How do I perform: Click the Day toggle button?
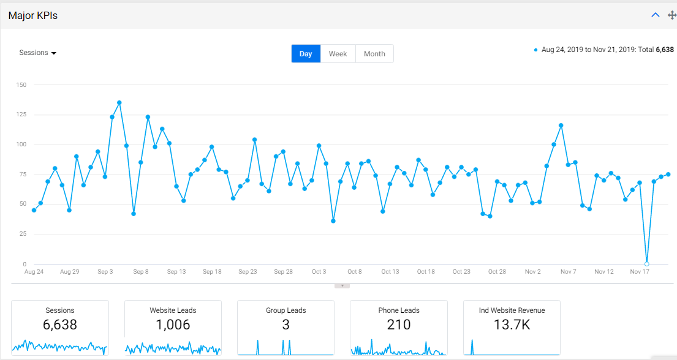(306, 54)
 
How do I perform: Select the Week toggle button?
(338, 54)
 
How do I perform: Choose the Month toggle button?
(374, 54)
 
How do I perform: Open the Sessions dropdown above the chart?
(37, 53)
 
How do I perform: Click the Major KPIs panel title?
(33, 15)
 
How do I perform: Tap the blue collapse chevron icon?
(656, 15)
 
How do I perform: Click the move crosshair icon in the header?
(672, 15)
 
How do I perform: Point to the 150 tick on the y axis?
(21, 84)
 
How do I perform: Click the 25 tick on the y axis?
(23, 233)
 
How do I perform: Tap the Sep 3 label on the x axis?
(105, 271)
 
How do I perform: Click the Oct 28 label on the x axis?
(497, 271)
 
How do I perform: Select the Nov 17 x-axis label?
(640, 271)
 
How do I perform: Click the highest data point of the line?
(119, 103)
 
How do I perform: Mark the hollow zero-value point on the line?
(646, 264)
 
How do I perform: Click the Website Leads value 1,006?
(173, 324)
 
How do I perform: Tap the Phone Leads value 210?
(398, 324)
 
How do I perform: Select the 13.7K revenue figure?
(512, 324)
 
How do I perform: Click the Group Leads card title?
(286, 310)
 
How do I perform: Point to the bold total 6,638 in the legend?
(665, 50)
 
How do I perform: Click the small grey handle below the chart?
(342, 286)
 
